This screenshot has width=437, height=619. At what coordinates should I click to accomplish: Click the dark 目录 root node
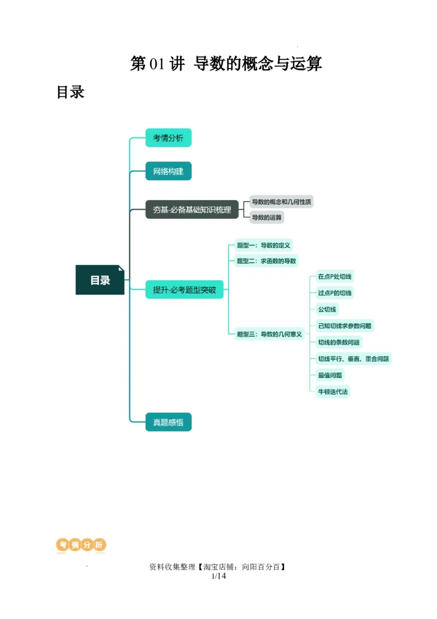tap(100, 280)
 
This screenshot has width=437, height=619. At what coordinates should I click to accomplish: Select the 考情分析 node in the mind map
tap(168, 138)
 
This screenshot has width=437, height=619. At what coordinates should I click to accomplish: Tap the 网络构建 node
tap(168, 171)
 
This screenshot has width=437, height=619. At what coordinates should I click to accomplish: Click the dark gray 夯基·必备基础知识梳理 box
tap(192, 209)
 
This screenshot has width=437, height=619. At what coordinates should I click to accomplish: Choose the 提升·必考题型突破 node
tap(184, 290)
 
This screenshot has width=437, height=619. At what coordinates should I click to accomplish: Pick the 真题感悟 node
tap(168, 422)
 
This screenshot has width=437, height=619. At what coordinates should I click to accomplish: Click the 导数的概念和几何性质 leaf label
tap(281, 202)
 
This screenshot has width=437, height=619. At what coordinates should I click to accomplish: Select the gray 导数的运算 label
tap(267, 217)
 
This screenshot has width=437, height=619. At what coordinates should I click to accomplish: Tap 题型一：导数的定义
tap(264, 246)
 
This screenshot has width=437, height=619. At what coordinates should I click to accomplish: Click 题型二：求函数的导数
tap(266, 261)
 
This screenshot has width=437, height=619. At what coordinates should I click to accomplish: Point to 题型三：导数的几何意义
tap(269, 334)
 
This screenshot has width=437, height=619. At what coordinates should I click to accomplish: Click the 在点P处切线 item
tap(335, 277)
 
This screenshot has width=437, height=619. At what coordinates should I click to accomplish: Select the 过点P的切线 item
tap(335, 293)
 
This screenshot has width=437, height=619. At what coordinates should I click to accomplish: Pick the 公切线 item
tap(327, 309)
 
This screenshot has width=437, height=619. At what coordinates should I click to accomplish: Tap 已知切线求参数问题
tap(345, 326)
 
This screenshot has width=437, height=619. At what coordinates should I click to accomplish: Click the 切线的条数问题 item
tap(339, 342)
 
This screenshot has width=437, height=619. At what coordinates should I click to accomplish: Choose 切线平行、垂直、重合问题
tap(353, 359)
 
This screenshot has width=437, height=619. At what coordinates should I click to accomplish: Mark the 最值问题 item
tap(330, 375)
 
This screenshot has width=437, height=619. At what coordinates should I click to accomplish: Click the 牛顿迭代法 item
tap(333, 392)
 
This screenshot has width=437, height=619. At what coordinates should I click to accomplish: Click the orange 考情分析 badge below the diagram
tap(81, 545)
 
